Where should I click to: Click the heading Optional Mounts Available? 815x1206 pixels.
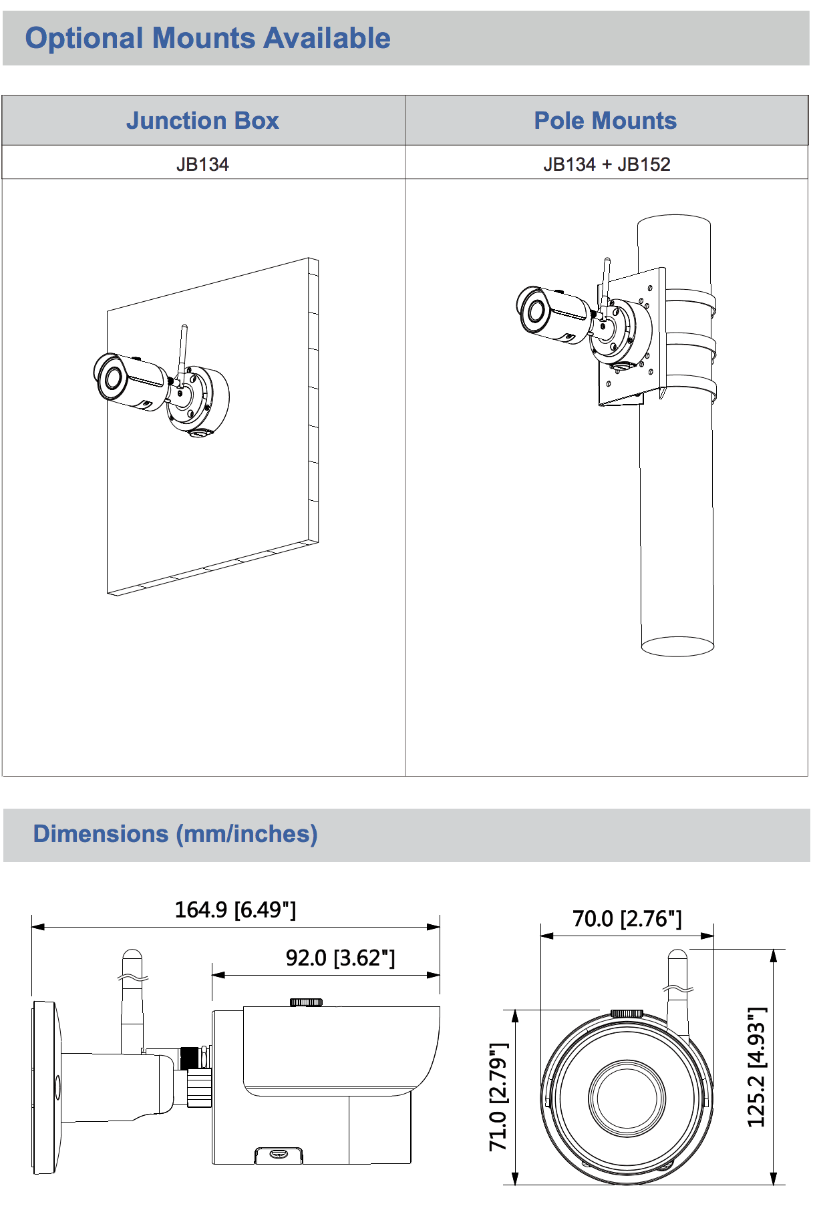pyautogui.click(x=208, y=38)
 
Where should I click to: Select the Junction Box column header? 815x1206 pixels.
pyautogui.click(x=202, y=120)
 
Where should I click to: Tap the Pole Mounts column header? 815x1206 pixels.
pyautogui.click(x=605, y=120)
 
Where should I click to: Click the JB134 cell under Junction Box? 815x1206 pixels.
pyautogui.click(x=202, y=164)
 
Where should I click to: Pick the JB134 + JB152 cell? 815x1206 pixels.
pyautogui.click(x=607, y=164)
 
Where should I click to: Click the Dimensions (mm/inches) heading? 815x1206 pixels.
pyautogui.click(x=176, y=834)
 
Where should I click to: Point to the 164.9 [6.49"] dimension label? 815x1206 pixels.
pyautogui.click(x=235, y=910)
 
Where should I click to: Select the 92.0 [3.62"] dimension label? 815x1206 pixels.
pyautogui.click(x=341, y=958)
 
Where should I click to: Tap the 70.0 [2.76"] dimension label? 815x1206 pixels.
pyautogui.click(x=627, y=919)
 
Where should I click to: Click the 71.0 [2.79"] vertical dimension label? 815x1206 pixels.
pyautogui.click(x=498, y=1096)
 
